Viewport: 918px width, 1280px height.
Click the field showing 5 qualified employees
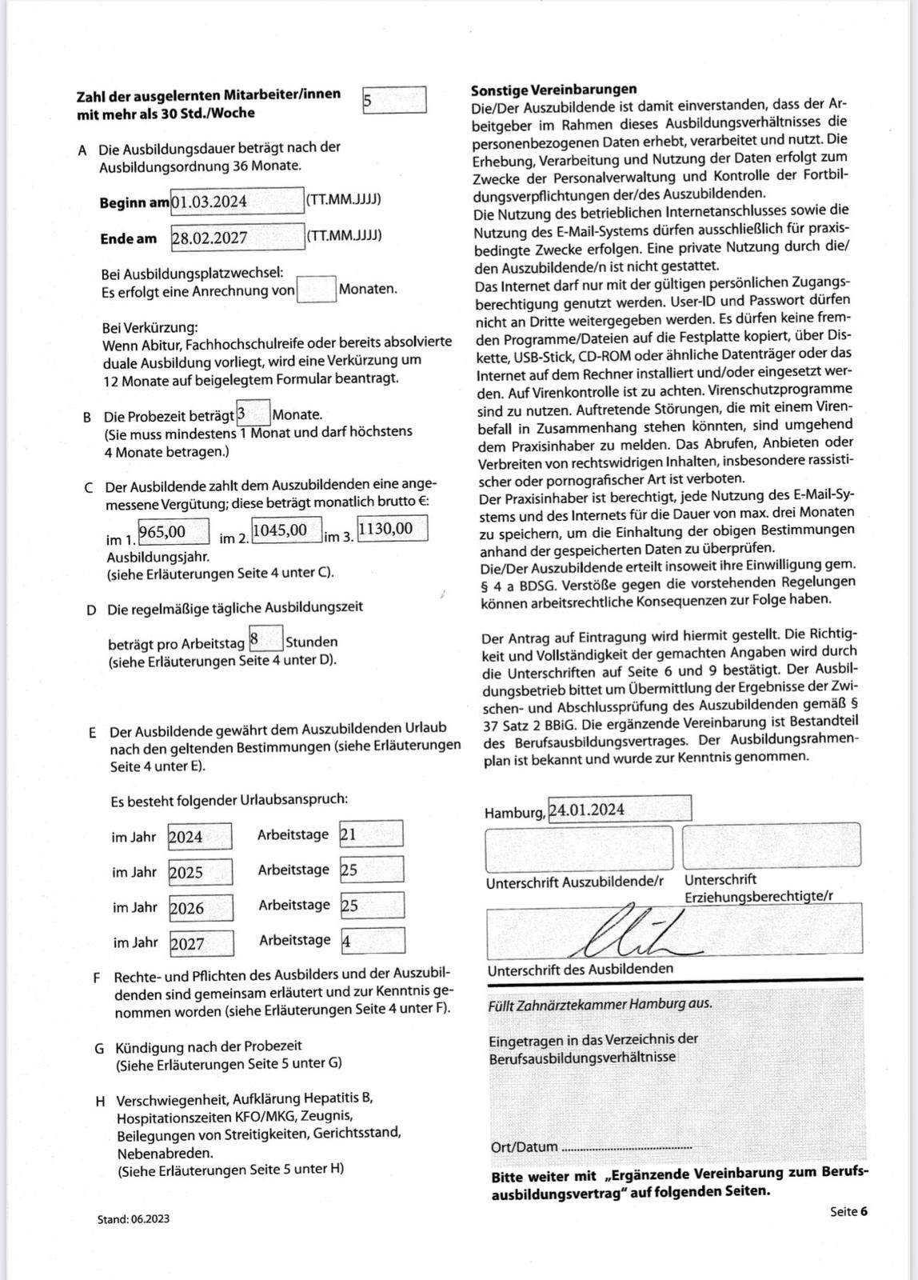[x=394, y=101]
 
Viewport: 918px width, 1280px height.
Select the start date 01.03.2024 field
[x=237, y=201]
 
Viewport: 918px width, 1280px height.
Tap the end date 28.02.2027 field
[x=237, y=238]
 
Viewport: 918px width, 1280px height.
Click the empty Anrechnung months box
[x=316, y=289]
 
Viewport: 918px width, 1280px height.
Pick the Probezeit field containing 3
[x=253, y=414]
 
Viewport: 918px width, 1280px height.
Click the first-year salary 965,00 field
[x=174, y=531]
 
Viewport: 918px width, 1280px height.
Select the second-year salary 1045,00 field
[x=286, y=530]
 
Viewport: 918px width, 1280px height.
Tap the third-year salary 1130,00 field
[x=392, y=528]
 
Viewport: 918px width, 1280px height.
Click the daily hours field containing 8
[x=265, y=639]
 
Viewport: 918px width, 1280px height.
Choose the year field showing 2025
[x=200, y=872]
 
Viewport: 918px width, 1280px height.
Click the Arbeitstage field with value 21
[x=371, y=834]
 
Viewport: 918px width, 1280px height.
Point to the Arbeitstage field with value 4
[x=373, y=941]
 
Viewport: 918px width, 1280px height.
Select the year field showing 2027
[x=202, y=943]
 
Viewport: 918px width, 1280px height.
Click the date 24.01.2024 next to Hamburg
[x=619, y=809]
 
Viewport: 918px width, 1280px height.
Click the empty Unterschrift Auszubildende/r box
[x=579, y=848]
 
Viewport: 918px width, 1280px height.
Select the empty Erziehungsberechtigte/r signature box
[x=772, y=845]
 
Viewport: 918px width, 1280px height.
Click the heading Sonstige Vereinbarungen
[x=553, y=89]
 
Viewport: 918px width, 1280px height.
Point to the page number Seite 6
[x=848, y=1211]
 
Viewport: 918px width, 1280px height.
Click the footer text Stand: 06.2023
[x=134, y=1219]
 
